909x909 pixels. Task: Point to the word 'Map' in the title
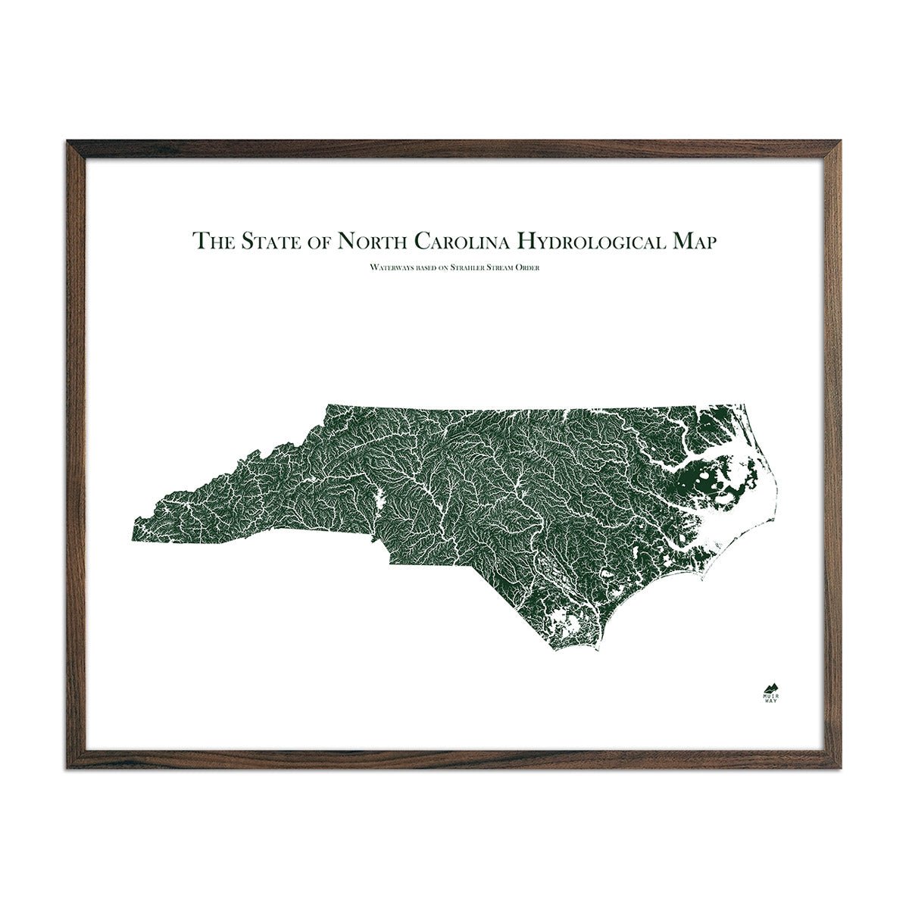[x=689, y=242]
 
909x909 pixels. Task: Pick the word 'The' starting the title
[x=213, y=242]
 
